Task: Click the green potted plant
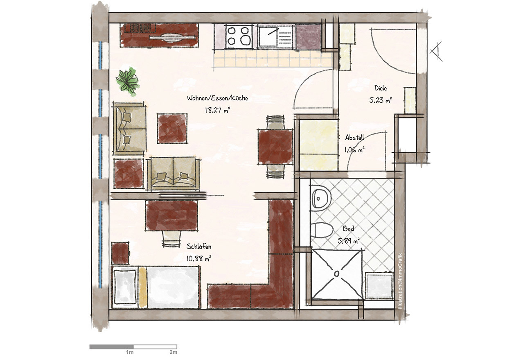(128, 82)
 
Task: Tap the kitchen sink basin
(268, 36)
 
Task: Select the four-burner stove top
(239, 37)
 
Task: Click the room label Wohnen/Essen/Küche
(217, 98)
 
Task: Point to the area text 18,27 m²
(217, 110)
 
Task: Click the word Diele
(381, 88)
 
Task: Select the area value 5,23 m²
(380, 100)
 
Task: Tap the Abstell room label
(354, 137)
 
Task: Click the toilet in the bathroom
(321, 230)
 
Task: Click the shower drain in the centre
(336, 274)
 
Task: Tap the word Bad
(348, 229)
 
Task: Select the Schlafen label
(199, 247)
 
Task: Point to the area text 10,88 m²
(199, 258)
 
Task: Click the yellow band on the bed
(143, 287)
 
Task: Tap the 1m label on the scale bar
(130, 352)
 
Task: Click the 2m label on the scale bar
(174, 352)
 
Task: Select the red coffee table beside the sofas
(172, 128)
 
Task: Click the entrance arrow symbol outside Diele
(436, 51)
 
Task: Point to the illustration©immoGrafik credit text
(400, 281)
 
